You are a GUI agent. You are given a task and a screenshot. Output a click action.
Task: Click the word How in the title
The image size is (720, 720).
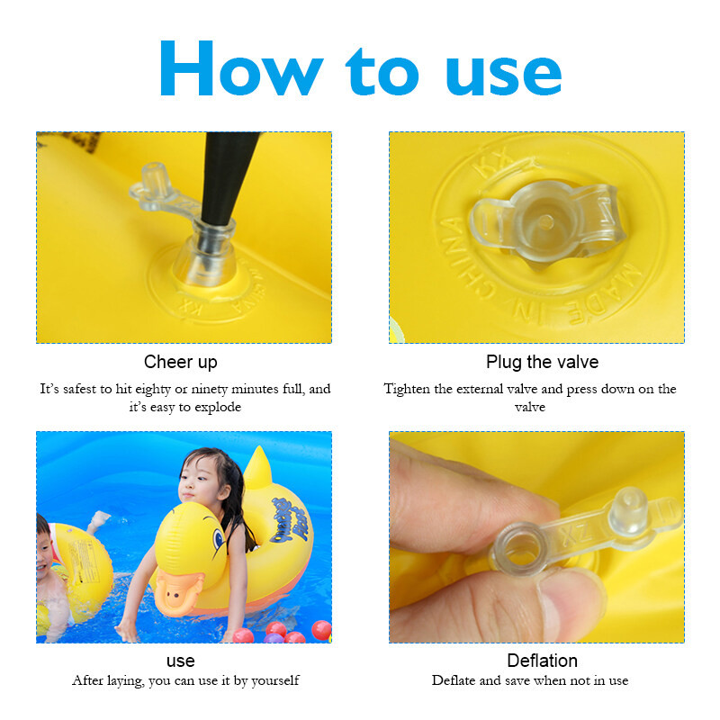(x=241, y=68)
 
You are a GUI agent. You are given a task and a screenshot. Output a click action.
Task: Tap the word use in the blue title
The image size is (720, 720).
(x=504, y=75)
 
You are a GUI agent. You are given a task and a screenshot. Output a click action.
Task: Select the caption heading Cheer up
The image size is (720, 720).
(x=181, y=363)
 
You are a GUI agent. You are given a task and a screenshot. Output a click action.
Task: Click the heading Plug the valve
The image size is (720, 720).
(x=543, y=363)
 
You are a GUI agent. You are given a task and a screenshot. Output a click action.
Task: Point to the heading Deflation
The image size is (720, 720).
(x=543, y=661)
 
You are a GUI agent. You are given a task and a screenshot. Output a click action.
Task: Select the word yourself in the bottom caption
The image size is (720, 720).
(x=274, y=680)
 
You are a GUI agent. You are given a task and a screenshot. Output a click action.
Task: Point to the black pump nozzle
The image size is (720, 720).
(x=228, y=176)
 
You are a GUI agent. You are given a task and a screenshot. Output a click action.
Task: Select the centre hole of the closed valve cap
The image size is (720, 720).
(x=545, y=222)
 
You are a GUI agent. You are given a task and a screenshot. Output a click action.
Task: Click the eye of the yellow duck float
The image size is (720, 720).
(x=219, y=538)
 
